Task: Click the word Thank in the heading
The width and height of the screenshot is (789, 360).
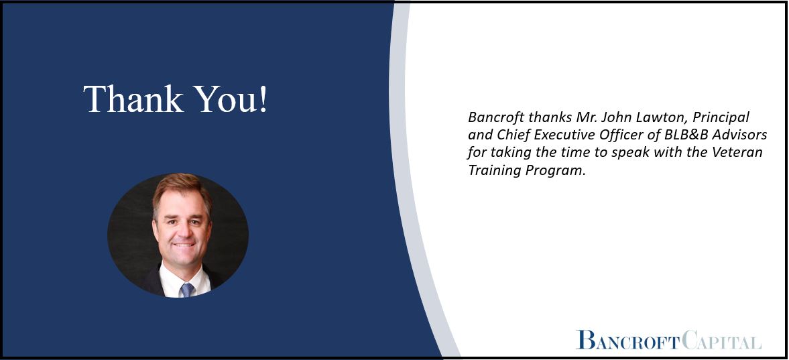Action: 133,99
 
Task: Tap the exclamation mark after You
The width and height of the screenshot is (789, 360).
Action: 263,99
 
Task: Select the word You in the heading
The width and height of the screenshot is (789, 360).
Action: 225,99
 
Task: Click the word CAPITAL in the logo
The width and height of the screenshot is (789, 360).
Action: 723,341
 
